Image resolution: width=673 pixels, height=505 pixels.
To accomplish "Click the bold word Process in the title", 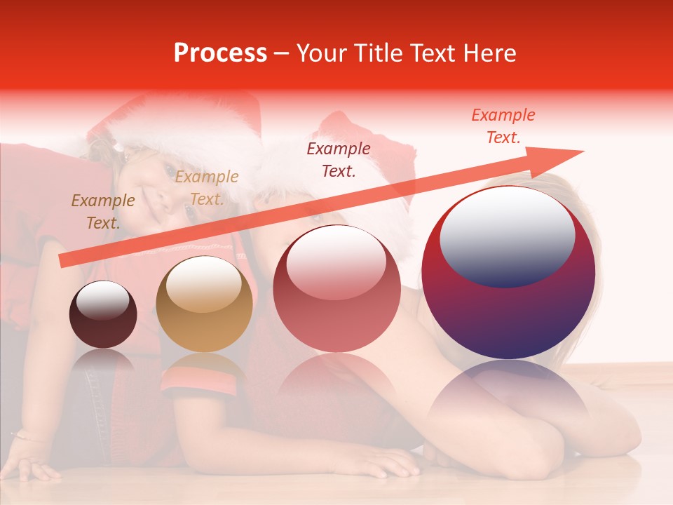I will pos(220,53).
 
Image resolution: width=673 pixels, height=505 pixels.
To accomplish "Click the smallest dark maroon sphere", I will pos(103,315).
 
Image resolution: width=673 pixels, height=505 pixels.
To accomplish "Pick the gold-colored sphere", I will pos(204,304).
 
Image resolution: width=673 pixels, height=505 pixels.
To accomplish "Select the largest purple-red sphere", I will pos(508,273).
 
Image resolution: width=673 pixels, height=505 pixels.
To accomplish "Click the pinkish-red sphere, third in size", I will pos(336,289).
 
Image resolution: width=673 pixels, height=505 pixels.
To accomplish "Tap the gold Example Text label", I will pos(206,188).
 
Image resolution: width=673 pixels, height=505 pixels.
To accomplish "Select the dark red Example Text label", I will pos(339,159).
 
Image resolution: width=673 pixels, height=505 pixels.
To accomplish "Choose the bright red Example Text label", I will pos(503,126).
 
